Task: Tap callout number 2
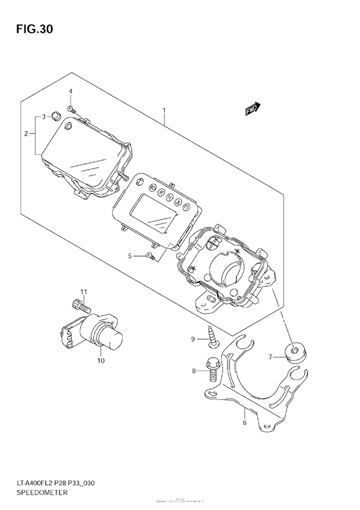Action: (26, 134)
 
